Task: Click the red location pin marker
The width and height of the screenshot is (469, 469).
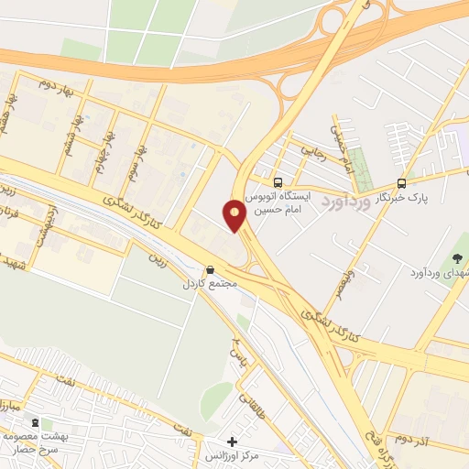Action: (x=234, y=215)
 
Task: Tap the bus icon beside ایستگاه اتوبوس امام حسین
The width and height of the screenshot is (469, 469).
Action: (x=279, y=181)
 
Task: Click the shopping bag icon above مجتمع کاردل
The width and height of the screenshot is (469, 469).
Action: (x=212, y=270)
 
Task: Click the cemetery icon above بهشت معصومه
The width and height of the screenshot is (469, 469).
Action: (x=35, y=423)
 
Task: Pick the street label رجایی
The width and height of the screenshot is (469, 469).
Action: (x=307, y=149)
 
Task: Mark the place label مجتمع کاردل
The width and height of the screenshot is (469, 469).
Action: (x=210, y=284)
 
